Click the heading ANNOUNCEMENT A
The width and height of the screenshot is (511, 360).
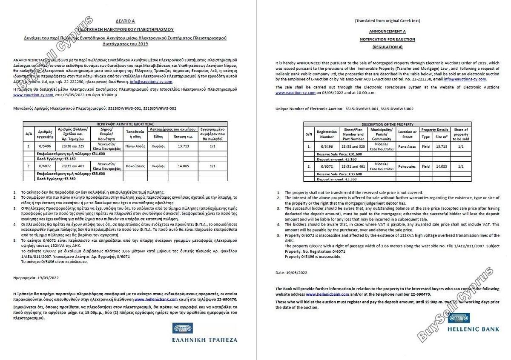point(387,31)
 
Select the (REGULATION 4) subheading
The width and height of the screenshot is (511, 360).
point(387,47)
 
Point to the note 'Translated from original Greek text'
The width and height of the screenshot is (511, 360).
point(387,20)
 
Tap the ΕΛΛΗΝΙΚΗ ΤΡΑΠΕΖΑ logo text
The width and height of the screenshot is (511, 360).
point(205,340)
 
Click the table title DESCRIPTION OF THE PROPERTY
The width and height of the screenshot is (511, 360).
point(387,124)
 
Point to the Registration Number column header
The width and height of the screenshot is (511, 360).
point(327,134)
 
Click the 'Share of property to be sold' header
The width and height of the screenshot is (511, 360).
point(461,134)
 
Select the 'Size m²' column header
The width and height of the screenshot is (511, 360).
point(441,137)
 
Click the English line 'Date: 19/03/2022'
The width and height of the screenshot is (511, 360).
point(292,273)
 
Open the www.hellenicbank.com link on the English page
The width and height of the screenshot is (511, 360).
point(327,294)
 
